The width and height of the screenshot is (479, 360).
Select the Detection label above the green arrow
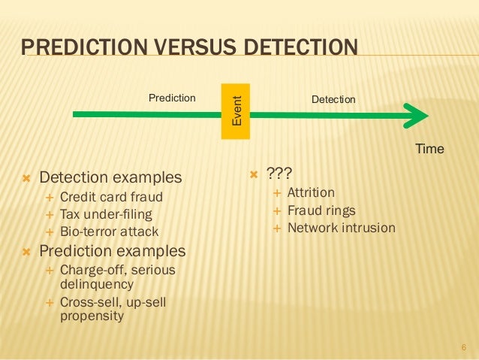[x=333, y=99]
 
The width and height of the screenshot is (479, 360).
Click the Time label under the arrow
[x=429, y=149]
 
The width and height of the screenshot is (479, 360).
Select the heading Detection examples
[x=110, y=178]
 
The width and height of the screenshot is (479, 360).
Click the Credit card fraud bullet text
[x=110, y=198]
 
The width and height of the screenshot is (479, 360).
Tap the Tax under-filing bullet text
[x=105, y=214]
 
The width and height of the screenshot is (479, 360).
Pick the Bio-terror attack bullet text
[x=109, y=231]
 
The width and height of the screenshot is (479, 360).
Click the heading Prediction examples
[x=112, y=250]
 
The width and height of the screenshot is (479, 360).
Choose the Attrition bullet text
[x=311, y=192]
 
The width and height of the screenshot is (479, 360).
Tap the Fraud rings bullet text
[x=321, y=210]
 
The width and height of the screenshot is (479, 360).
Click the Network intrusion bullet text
[x=341, y=227]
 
